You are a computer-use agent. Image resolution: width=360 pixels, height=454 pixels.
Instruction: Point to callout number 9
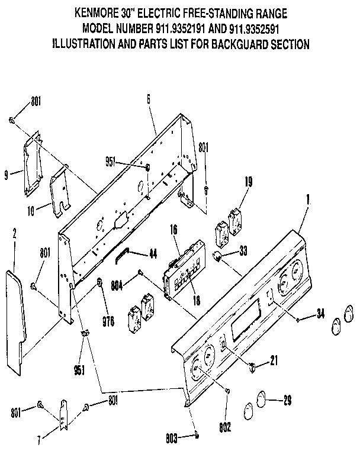[x=7, y=175]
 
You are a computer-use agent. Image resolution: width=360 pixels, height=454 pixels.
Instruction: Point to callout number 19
[x=248, y=182]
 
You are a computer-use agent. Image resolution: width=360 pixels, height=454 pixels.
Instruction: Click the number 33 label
[x=243, y=251]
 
